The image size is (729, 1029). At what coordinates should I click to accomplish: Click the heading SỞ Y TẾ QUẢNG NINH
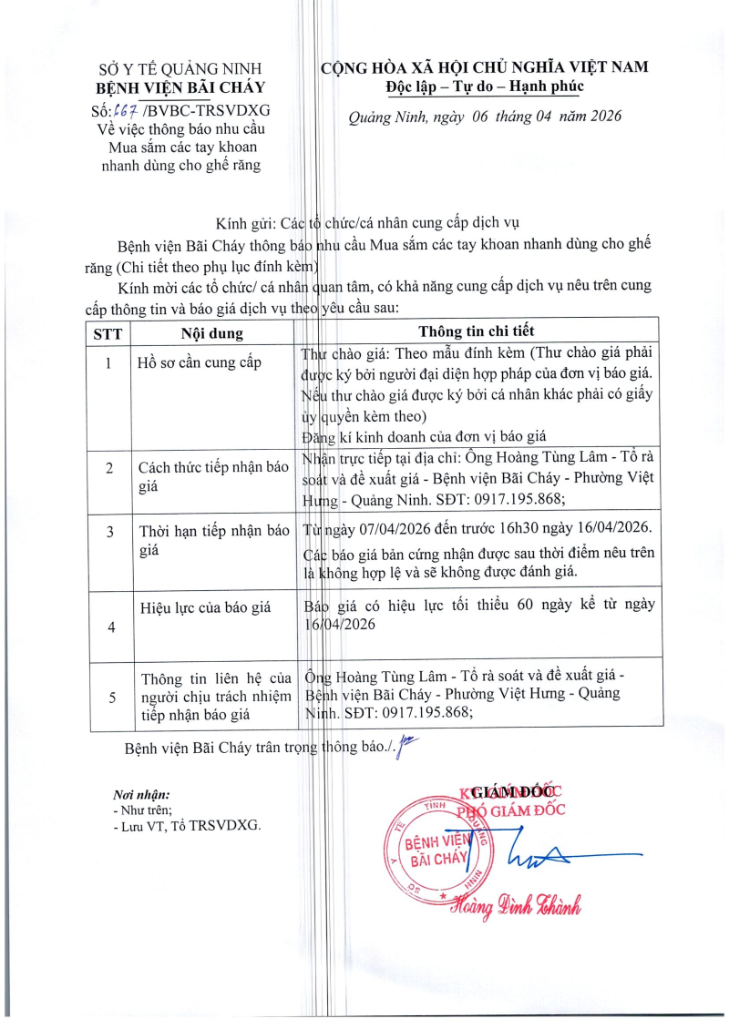pyautogui.click(x=180, y=69)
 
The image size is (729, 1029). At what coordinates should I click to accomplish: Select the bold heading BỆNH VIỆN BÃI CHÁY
pyautogui.click(x=180, y=88)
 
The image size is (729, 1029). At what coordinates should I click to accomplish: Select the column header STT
pyautogui.click(x=108, y=332)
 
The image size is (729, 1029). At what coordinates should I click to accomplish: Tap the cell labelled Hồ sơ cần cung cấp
pyautogui.click(x=200, y=363)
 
